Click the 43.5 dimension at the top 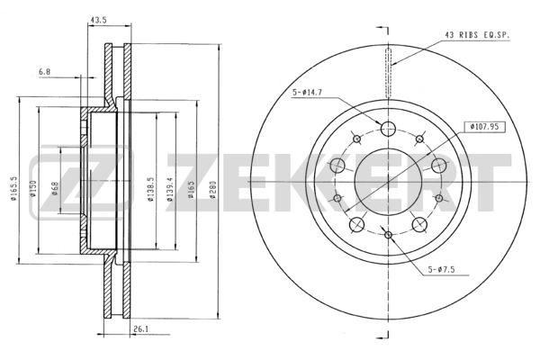98,21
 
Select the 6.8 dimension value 44,72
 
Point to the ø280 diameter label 212,190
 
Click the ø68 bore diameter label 55,188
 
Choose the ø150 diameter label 33,189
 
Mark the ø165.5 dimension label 13,188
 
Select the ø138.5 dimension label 150,190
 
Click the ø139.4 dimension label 169,190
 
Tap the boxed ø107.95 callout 484,127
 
